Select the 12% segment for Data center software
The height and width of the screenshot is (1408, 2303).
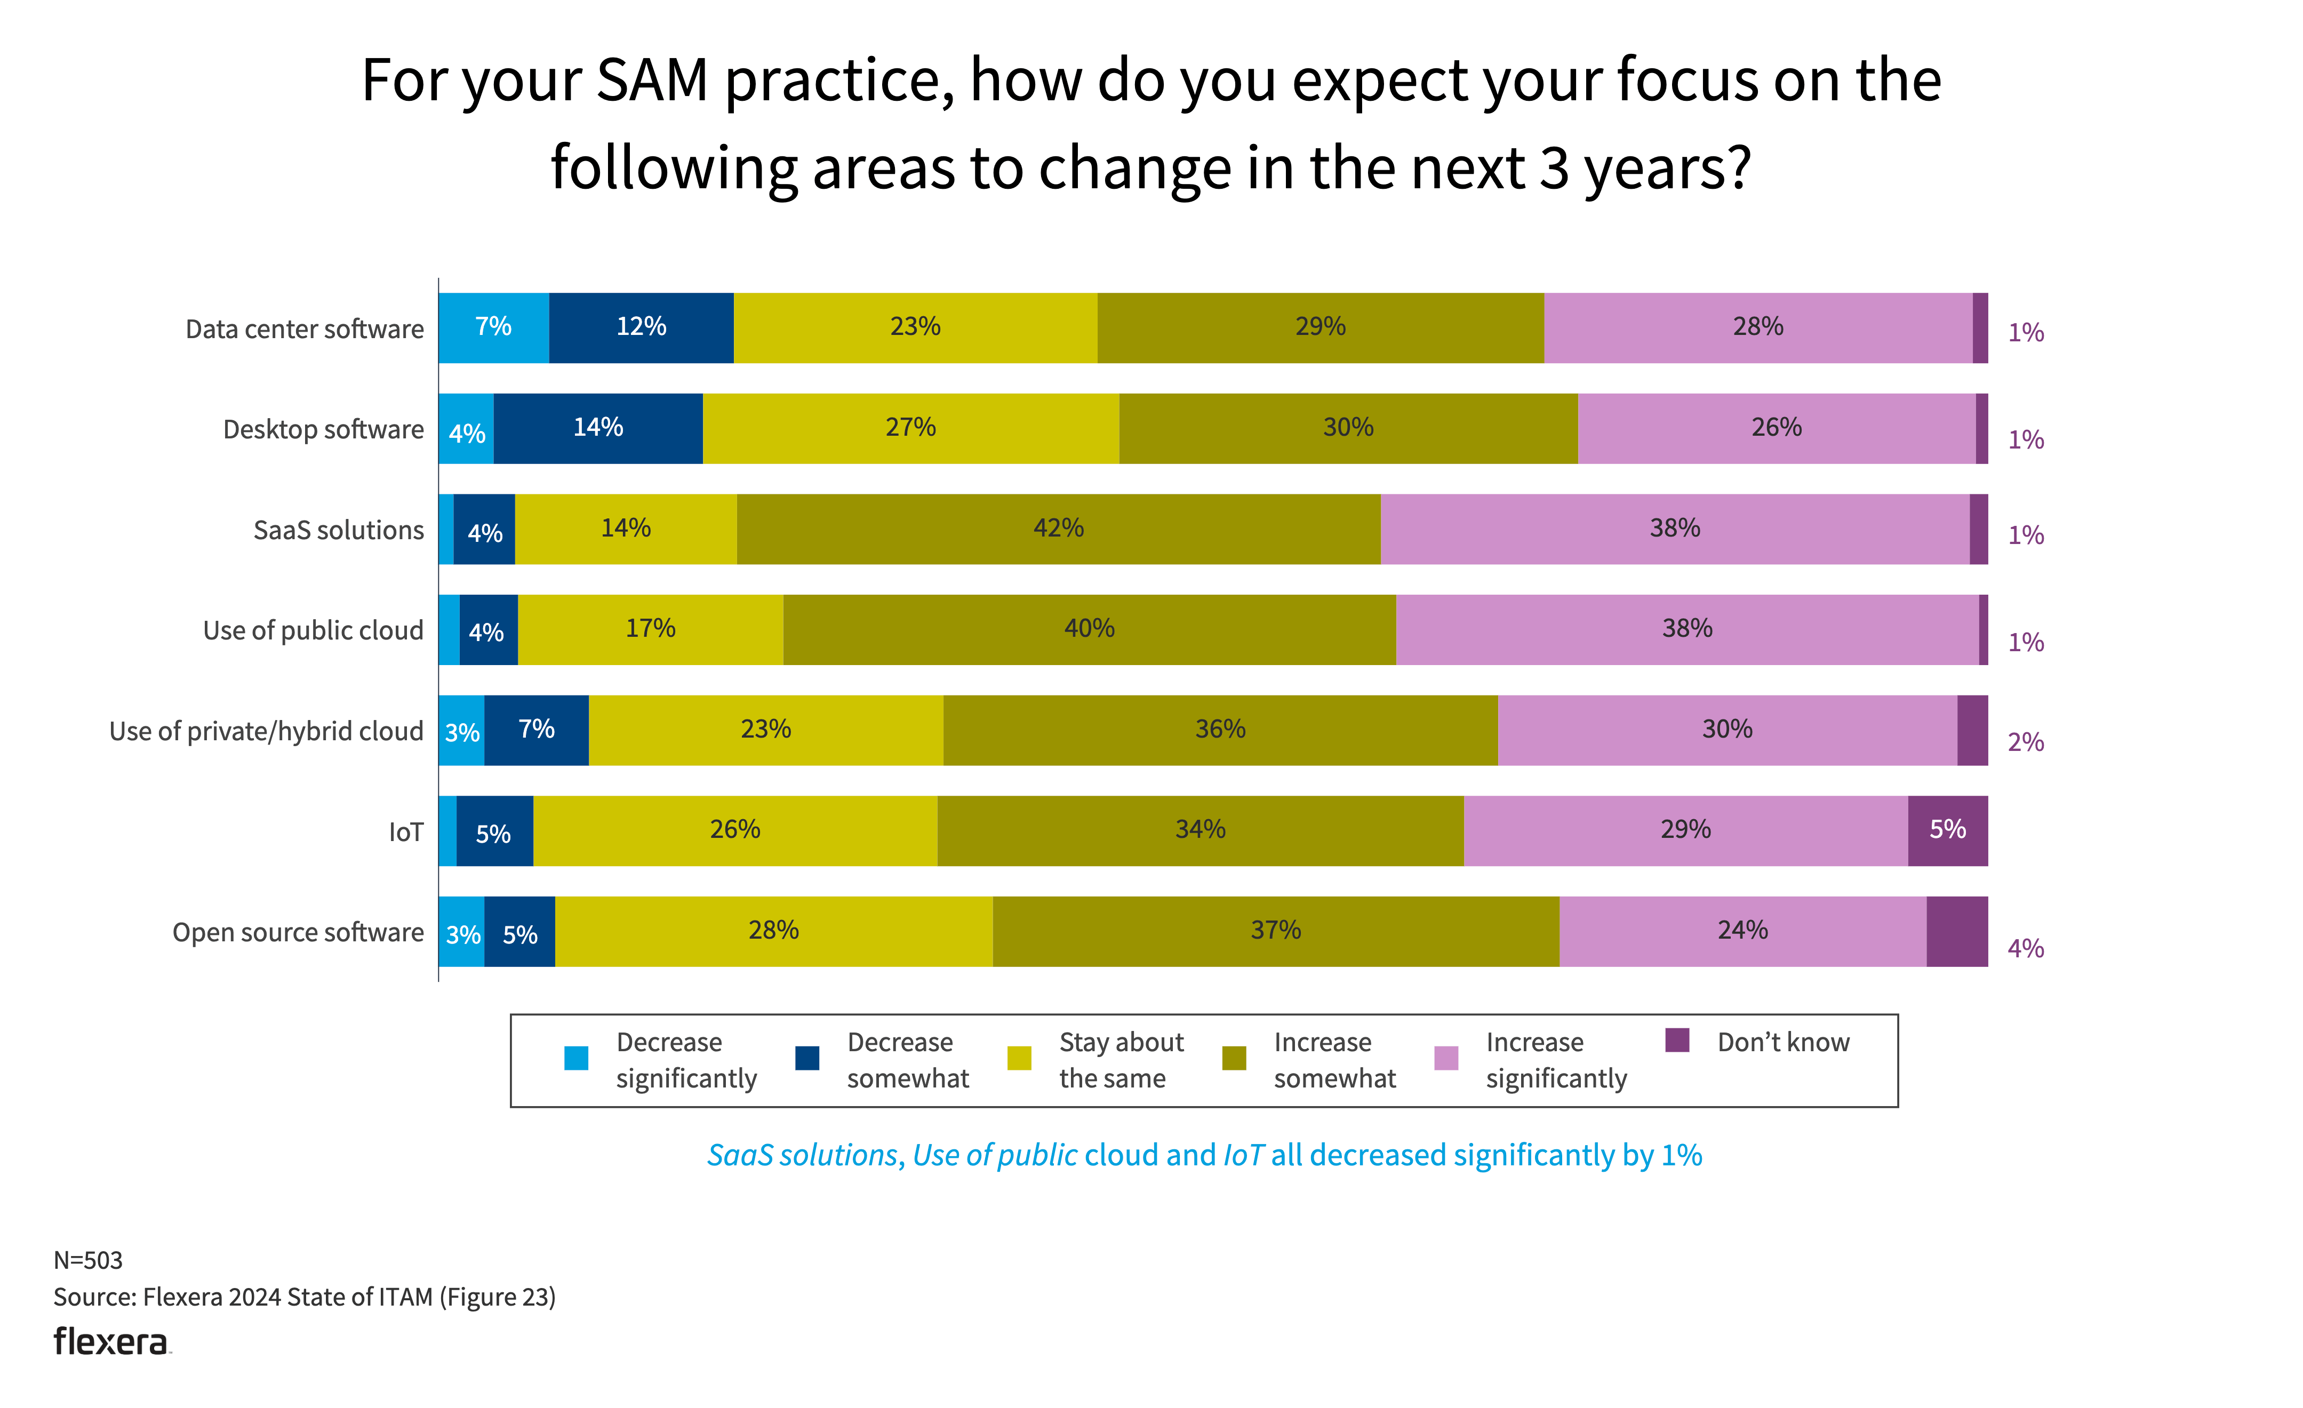(x=641, y=327)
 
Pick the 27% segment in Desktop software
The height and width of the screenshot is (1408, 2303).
(x=910, y=428)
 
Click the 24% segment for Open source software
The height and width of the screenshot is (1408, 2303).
(x=1742, y=931)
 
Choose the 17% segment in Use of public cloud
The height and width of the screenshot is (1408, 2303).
(x=651, y=629)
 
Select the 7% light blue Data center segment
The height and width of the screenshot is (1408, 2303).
(x=493, y=327)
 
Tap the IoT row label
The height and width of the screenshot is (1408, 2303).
(x=406, y=832)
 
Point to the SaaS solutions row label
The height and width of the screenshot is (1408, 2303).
(x=338, y=530)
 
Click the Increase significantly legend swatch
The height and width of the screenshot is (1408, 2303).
(x=1446, y=1058)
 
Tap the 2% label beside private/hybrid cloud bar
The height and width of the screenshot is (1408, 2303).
(x=2026, y=743)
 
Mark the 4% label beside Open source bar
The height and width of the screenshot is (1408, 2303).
(x=2026, y=949)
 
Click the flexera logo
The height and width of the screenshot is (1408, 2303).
(x=111, y=1342)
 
